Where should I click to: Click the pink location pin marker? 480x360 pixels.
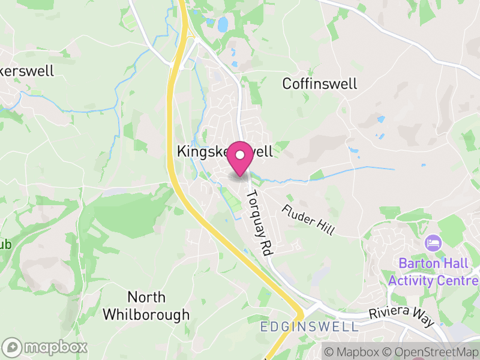pyautogui.click(x=240, y=158)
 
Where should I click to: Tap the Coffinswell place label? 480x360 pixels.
pyautogui.click(x=319, y=83)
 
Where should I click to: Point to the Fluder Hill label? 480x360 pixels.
pyautogui.click(x=308, y=220)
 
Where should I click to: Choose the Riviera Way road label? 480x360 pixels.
pyautogui.click(x=401, y=317)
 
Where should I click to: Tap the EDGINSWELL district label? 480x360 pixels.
pyautogui.click(x=309, y=327)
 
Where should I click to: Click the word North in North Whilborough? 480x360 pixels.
pyautogui.click(x=146, y=297)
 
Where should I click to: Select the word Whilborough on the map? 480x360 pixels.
pyautogui.click(x=146, y=314)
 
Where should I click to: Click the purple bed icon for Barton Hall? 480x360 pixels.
pyautogui.click(x=432, y=244)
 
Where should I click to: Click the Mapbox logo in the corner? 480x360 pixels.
pyautogui.click(x=46, y=347)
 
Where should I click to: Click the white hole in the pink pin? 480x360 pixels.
pyautogui.click(x=240, y=155)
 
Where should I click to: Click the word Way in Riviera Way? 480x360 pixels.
pyautogui.click(x=424, y=321)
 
